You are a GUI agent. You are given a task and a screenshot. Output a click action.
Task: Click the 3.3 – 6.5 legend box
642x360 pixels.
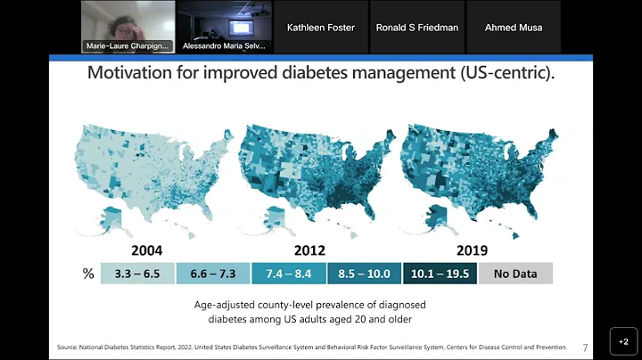tap(137, 274)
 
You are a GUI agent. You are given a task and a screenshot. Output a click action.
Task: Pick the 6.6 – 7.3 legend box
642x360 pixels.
tap(213, 274)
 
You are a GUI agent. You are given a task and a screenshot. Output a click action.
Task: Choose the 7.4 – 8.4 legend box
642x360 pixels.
tap(289, 274)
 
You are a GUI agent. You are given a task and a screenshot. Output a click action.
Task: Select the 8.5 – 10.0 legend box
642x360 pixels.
tap(364, 274)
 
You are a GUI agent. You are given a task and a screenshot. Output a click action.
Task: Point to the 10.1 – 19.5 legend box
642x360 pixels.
tap(440, 274)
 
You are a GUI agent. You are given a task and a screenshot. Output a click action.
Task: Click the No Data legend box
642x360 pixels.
tap(515, 274)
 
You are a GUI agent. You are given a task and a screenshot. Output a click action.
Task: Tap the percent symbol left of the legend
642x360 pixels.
tap(88, 274)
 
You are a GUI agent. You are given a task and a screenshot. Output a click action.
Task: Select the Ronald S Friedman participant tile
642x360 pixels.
tap(417, 27)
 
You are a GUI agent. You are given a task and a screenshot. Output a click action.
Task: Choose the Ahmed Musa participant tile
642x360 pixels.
tap(513, 27)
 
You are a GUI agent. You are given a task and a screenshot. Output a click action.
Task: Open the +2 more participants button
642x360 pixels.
tap(623, 341)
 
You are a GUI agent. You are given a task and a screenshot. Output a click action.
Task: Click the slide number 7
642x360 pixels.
tap(585, 347)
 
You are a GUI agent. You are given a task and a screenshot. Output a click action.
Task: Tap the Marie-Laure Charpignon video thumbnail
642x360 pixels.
tap(128, 27)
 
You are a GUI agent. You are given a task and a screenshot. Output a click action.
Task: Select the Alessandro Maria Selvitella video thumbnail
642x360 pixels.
tap(224, 27)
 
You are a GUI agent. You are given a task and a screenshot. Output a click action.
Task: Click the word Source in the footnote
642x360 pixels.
tap(67, 347)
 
